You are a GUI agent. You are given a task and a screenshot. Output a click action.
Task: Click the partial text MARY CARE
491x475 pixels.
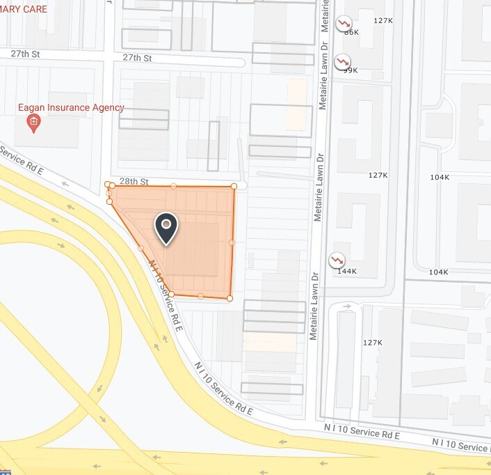tap(24, 9)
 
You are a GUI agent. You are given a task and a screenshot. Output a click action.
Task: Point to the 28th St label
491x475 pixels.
tap(134, 181)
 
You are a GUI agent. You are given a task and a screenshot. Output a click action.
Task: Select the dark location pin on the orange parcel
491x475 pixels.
tap(166, 228)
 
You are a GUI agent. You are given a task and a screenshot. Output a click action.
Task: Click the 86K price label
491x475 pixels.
tap(351, 32)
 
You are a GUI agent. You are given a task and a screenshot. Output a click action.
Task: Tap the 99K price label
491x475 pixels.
tap(351, 70)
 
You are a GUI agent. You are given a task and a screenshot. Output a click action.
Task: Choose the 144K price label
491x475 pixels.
tap(346, 271)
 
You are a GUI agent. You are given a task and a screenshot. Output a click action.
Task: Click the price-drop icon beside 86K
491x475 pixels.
tap(343, 24)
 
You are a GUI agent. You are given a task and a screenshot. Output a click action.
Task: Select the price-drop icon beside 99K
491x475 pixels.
tap(342, 62)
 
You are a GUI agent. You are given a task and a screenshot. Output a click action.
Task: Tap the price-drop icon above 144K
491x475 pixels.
tap(337, 260)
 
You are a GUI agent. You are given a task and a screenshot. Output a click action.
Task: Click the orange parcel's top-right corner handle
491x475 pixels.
tap(234, 186)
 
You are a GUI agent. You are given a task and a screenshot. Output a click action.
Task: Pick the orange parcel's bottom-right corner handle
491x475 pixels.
tap(230, 298)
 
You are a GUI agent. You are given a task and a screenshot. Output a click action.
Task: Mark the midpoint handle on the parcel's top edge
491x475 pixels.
tap(173, 186)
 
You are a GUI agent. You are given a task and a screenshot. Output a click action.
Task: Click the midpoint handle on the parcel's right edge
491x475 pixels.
tap(232, 242)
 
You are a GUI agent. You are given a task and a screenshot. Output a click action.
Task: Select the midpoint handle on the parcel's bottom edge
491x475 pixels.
tap(200, 296)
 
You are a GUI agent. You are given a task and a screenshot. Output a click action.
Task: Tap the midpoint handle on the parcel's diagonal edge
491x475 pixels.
tap(140, 247)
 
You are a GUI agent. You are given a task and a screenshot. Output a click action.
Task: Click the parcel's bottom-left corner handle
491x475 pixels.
tap(172, 294)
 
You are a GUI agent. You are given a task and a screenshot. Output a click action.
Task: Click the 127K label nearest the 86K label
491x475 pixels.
tap(383, 21)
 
